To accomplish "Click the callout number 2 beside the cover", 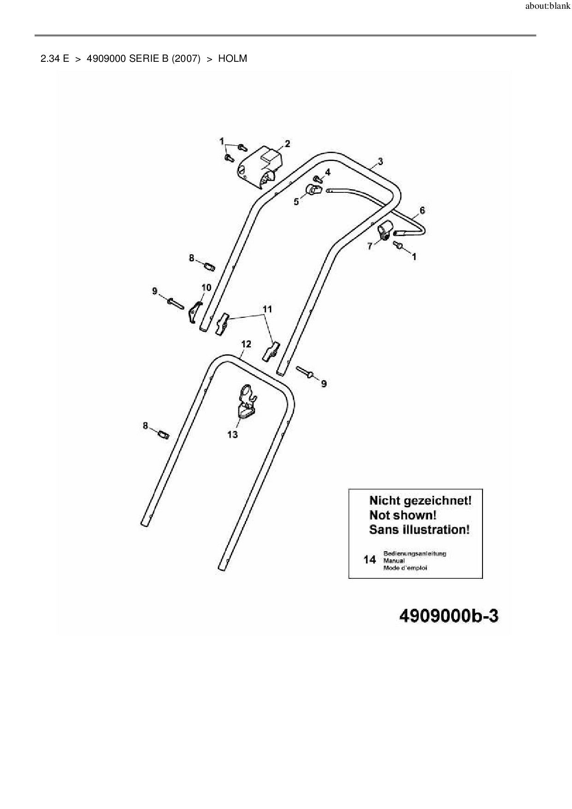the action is pos(287,144).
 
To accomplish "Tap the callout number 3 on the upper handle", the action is pos(380,161).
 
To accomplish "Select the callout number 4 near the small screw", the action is pos(328,173).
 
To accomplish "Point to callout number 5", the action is pos(296,202).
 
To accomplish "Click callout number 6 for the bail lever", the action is pos(422,211).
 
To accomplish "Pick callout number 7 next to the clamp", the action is pos(369,246).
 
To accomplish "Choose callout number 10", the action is pos(206,288).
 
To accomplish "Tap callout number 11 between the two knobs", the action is pos(268,309).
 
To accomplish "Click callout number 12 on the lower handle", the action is pos(246,344).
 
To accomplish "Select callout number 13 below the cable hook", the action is pos(232,434).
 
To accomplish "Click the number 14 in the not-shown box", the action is pos(369,560).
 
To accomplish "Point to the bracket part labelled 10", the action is pos(196,312).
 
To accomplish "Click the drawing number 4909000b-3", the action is pos(448,616).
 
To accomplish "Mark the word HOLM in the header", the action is pos(232,59).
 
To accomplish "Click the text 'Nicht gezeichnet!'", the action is pos(420,501).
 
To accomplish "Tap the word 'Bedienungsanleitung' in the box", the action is pos(414,553).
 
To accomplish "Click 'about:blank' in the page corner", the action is pos(548,7).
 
